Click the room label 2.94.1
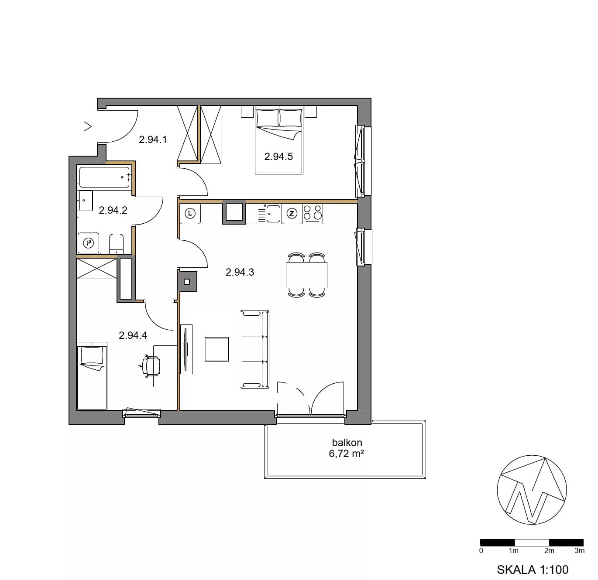(153, 140)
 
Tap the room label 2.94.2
(113, 210)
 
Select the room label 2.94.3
(240, 272)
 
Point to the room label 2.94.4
(133, 335)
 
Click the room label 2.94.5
(278, 157)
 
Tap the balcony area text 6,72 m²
(346, 454)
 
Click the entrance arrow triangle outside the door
(87, 126)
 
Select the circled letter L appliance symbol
(190, 213)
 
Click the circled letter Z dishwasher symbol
(292, 213)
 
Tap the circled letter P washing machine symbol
(89, 243)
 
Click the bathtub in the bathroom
(104, 177)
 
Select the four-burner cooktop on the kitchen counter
(313, 213)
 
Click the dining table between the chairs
(306, 275)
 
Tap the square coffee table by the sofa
(217, 349)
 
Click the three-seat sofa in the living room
(255, 349)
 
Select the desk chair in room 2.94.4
(151, 366)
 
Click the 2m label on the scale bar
(549, 550)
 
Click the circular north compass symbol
(532, 489)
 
